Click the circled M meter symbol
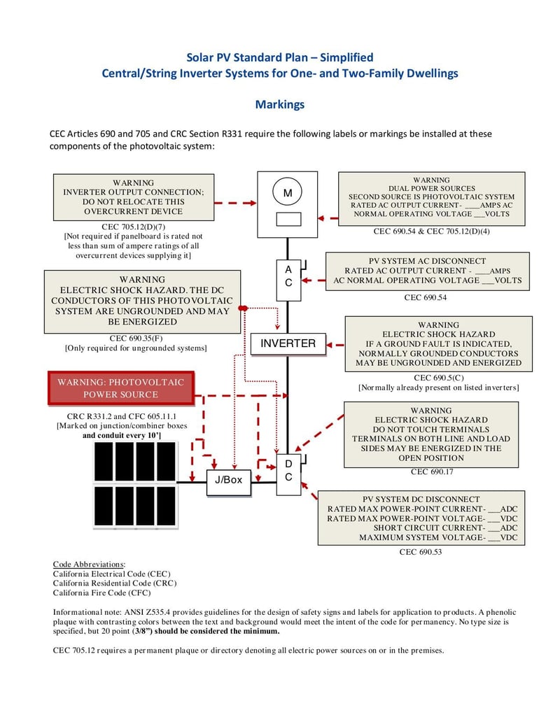(x=287, y=192)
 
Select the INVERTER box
(x=288, y=343)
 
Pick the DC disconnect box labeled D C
(x=288, y=471)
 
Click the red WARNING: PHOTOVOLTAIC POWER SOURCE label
(x=120, y=388)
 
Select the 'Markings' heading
(x=279, y=104)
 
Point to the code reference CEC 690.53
(x=421, y=552)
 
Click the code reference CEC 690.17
(x=431, y=471)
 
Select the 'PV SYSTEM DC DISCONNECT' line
(x=421, y=499)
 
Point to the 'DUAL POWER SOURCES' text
(x=432, y=188)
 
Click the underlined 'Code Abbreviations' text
(x=89, y=564)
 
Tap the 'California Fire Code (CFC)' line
(x=101, y=592)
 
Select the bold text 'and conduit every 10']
(x=122, y=435)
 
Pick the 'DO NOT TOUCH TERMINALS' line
(x=431, y=430)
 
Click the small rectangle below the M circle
(x=288, y=219)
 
